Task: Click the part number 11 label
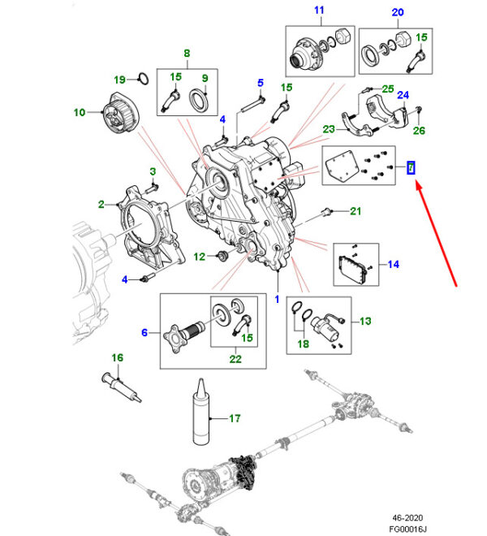coord(319,11)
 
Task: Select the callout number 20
coord(397,12)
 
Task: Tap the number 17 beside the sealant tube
coord(235,419)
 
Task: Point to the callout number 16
coord(117,358)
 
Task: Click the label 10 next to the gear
coord(80,113)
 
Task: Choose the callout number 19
coord(119,80)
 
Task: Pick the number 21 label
coord(355,212)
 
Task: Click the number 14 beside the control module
coord(394,263)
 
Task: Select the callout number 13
coord(364,322)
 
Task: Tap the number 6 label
coord(144,332)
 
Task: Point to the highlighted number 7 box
coord(411,168)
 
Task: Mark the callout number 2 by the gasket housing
coord(101,204)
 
